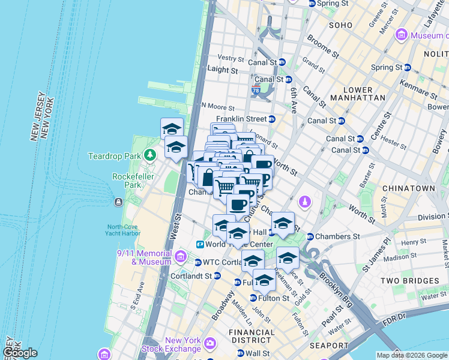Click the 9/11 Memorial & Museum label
[x=143, y=257]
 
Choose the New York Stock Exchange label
[x=173, y=344]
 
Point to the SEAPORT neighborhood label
[x=330, y=346]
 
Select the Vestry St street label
[x=231, y=58]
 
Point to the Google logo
[x=19, y=353]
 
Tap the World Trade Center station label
[x=239, y=244]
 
